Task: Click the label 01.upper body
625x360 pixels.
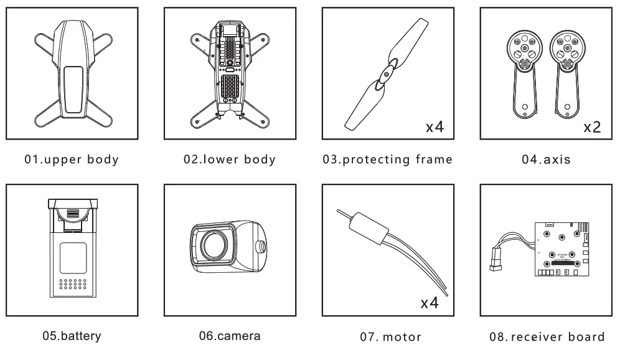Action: (x=72, y=159)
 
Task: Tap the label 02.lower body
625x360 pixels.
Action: (x=229, y=159)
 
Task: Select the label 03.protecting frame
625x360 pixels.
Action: (x=387, y=159)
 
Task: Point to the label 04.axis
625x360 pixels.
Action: (x=546, y=159)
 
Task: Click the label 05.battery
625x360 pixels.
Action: (x=72, y=336)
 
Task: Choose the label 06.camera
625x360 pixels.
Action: (x=229, y=336)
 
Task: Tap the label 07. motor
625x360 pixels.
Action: (x=390, y=337)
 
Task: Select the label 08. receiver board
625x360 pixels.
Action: (x=547, y=337)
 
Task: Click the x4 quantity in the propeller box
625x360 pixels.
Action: (x=434, y=128)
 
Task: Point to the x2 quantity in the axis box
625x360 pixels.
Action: (x=591, y=128)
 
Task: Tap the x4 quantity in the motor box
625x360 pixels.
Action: (x=430, y=304)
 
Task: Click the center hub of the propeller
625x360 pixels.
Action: (x=387, y=73)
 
